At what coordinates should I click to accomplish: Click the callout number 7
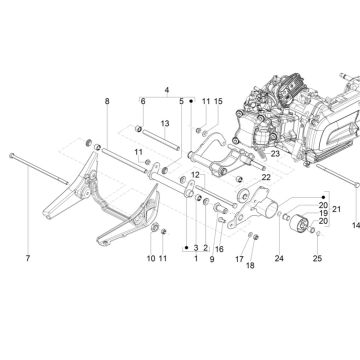(x=27, y=259)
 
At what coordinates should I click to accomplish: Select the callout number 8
(x=108, y=102)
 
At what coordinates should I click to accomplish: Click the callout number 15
(x=218, y=102)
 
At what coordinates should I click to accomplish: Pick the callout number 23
(x=273, y=154)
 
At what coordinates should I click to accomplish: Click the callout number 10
(x=151, y=259)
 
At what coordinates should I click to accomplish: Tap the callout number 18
(x=251, y=266)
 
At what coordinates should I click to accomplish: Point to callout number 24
(x=279, y=259)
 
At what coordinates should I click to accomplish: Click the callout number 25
(x=318, y=259)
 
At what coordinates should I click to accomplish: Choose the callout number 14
(x=355, y=227)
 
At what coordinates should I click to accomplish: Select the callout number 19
(x=322, y=212)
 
